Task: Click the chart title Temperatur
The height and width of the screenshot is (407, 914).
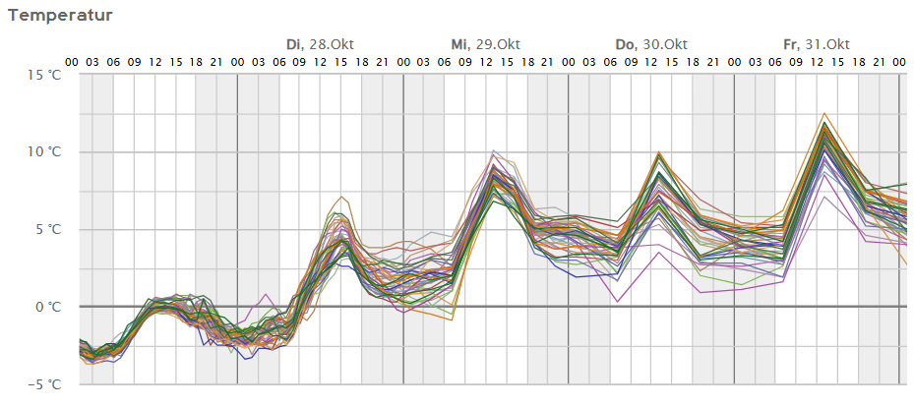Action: point(60,15)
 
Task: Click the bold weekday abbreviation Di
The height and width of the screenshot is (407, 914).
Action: point(294,44)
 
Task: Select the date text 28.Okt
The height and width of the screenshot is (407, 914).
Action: point(332,44)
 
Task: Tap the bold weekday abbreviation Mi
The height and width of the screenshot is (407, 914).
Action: point(459,44)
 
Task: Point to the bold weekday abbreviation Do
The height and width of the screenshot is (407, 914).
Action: point(625,44)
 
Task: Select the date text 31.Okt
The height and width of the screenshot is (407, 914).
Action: point(827,44)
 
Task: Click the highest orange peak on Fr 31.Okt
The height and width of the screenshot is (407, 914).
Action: point(824,113)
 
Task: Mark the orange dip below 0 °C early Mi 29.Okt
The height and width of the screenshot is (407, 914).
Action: point(452,320)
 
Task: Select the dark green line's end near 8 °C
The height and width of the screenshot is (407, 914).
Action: point(904,184)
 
